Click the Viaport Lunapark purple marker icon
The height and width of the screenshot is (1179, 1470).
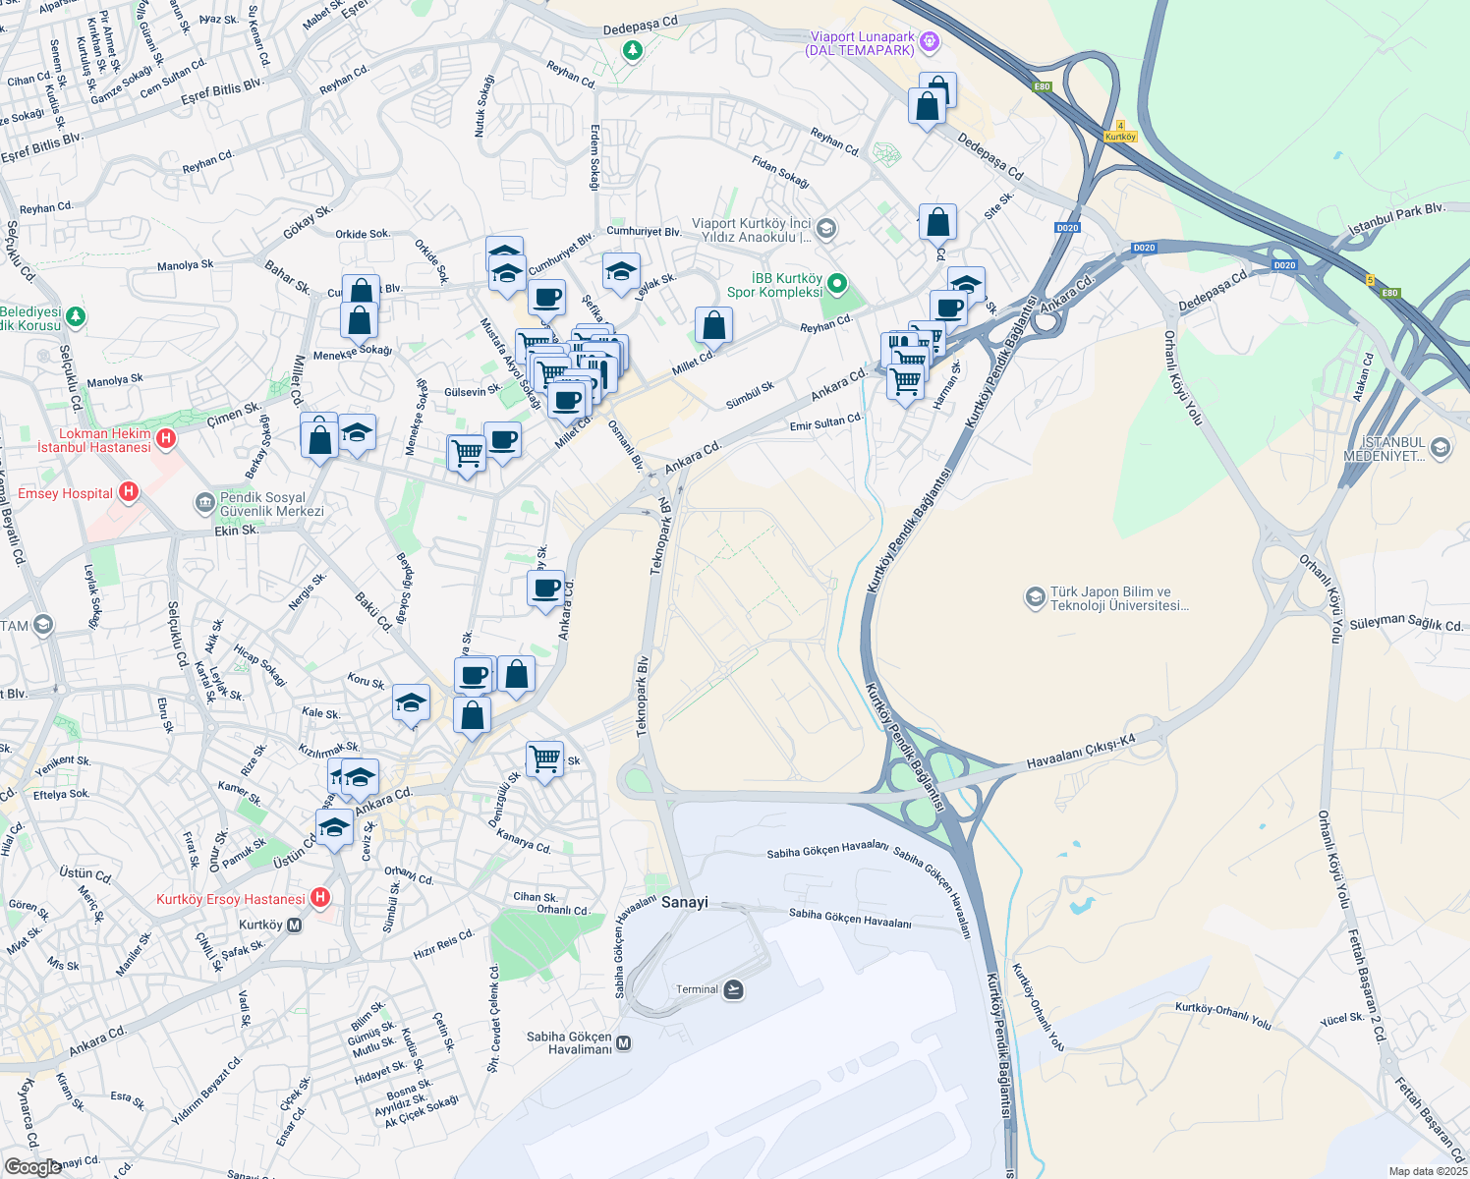coord(930,42)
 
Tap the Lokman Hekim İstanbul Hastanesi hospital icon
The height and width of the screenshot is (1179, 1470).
coord(166,438)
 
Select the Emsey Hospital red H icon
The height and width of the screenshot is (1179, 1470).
coord(128,492)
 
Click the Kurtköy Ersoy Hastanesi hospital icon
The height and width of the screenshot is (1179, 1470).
coord(319,898)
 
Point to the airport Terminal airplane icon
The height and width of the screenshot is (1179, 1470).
coord(733,989)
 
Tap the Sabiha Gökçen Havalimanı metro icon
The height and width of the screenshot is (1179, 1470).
coord(623,1043)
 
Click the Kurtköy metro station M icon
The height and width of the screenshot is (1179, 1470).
coord(295,925)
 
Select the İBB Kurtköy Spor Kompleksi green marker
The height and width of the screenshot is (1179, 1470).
coord(837,284)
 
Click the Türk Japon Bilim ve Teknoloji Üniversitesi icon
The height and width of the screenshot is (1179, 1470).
coord(1034,597)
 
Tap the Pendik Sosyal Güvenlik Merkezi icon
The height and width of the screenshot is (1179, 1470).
coord(204,504)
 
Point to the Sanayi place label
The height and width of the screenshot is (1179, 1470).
coord(684,902)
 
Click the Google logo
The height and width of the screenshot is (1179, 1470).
coord(32,1166)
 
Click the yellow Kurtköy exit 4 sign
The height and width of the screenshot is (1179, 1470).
coord(1120,133)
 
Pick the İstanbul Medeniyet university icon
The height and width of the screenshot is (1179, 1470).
coord(1441,448)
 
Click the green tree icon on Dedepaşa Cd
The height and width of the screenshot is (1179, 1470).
coord(633,49)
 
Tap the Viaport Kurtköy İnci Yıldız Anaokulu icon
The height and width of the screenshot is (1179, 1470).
coord(825,229)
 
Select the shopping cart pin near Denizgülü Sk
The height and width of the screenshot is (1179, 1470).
coord(544,758)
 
